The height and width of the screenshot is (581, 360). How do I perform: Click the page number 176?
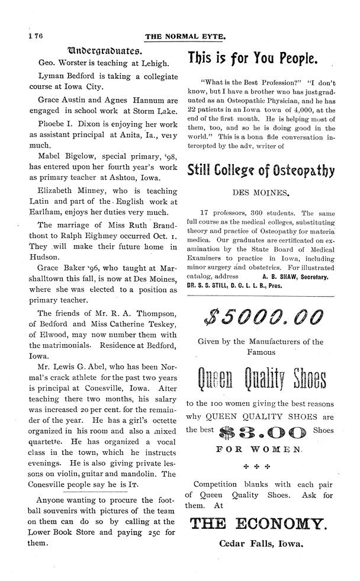pos(28,36)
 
